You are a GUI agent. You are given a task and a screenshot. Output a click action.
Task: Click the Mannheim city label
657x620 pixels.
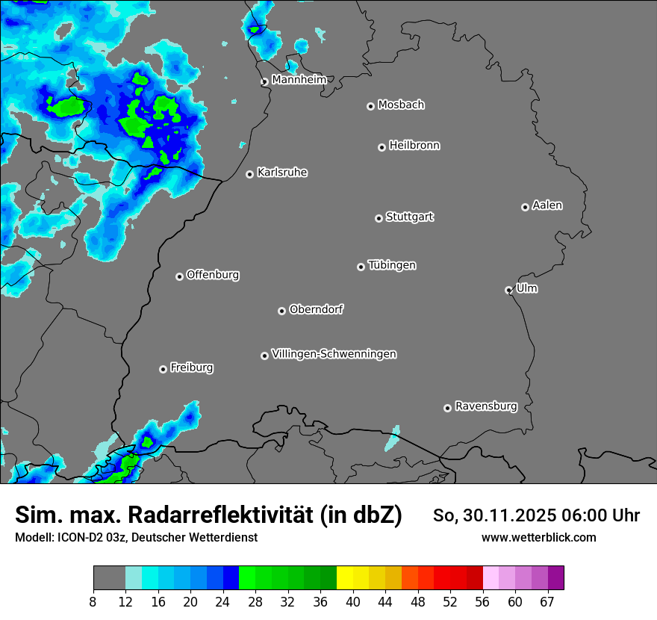click(299, 79)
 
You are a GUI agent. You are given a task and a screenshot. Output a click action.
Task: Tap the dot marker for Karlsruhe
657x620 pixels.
click(250, 174)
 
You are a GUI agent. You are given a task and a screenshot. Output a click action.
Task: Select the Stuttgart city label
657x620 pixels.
click(409, 217)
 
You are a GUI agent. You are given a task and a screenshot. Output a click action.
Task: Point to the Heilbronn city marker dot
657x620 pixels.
click(382, 147)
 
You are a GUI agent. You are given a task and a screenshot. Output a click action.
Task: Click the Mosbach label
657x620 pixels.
click(401, 105)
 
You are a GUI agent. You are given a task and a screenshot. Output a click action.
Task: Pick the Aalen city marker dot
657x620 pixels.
click(525, 207)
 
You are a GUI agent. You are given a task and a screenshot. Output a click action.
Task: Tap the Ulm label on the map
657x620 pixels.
click(526, 288)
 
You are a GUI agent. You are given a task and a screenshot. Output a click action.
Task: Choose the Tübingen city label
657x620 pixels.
click(392, 265)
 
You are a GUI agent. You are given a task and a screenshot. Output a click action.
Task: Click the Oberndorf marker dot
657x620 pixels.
click(281, 311)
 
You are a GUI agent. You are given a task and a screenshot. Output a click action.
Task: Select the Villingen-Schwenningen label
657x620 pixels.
click(334, 354)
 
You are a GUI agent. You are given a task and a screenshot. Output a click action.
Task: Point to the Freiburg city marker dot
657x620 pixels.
click(163, 369)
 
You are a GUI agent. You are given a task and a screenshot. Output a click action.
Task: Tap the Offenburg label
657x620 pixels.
click(213, 275)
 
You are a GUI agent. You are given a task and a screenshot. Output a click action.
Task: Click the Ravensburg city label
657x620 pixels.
click(486, 406)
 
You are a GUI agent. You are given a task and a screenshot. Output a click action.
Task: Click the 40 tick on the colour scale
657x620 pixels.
click(353, 601)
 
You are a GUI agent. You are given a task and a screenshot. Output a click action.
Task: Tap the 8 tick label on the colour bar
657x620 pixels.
click(93, 601)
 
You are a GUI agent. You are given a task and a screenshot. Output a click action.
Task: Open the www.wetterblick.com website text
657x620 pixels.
click(538, 537)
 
